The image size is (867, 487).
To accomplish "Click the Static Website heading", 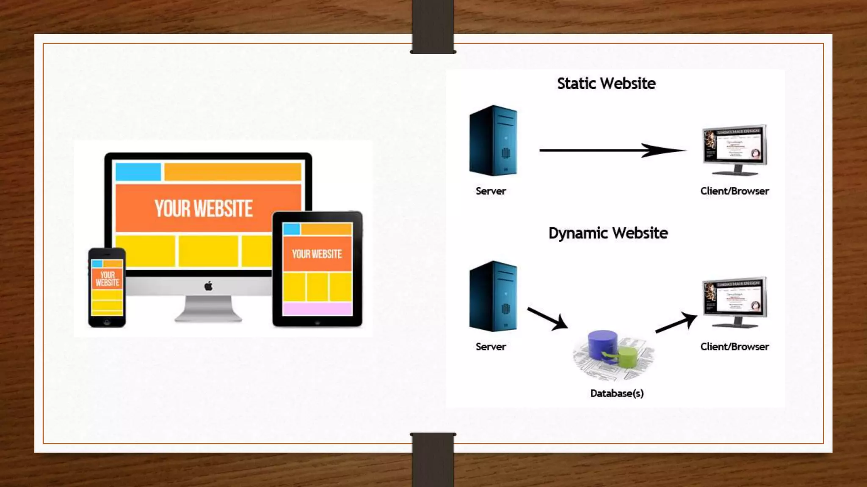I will (606, 84).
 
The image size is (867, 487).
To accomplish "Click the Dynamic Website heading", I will (608, 233).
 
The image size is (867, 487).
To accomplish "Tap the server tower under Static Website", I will (493, 141).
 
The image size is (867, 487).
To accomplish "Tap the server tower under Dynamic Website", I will (493, 296).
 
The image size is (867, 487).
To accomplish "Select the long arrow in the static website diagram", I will (612, 150).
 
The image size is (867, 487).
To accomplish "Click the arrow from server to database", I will (547, 318).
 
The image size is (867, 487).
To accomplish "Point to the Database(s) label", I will (617, 394).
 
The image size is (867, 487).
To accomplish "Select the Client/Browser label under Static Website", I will (734, 191).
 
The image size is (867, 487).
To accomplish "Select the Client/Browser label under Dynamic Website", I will (734, 347).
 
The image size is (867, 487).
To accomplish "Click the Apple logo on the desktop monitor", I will (208, 286).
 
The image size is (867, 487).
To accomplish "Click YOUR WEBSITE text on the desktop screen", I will (204, 209).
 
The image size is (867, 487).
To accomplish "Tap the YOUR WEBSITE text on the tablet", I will (317, 254).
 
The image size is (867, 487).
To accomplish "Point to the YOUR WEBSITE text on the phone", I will (107, 279).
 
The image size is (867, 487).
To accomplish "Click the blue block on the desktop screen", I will (138, 172).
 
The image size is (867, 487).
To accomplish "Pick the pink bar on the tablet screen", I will (317, 309).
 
